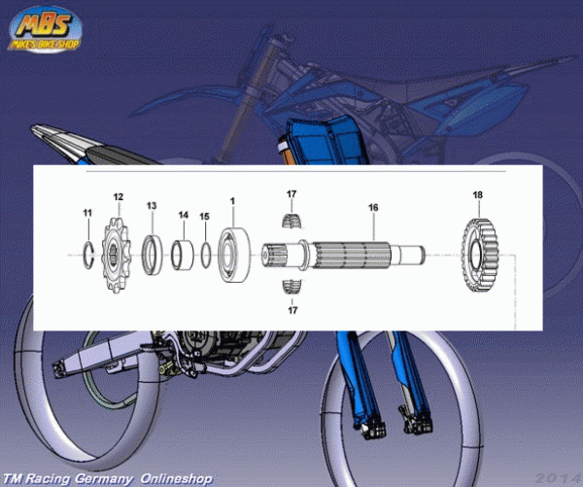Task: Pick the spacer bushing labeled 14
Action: [x=181, y=255]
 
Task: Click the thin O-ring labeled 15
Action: [x=206, y=255]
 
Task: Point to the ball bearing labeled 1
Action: [x=235, y=255]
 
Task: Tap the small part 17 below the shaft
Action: [x=290, y=285]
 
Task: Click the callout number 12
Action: [x=119, y=197]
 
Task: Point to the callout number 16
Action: [x=372, y=207]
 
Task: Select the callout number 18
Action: [x=477, y=195]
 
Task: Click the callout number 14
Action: [x=183, y=215]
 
